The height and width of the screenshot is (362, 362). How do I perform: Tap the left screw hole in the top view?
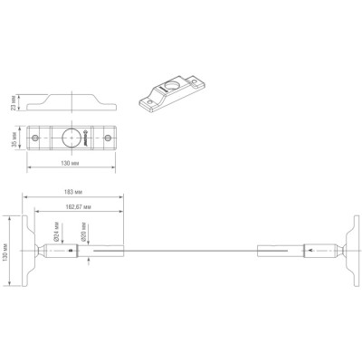(36, 138)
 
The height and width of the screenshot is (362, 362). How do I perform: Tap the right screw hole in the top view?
(108, 138)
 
